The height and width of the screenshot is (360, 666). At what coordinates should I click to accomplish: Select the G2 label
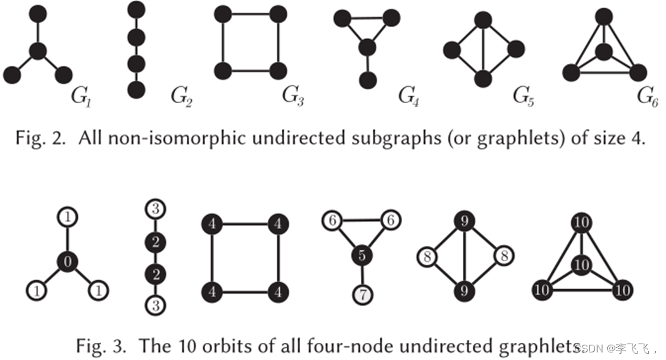[x=181, y=96]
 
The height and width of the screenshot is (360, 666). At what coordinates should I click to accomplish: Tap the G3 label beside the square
[x=292, y=96]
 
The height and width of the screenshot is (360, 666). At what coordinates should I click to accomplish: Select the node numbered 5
[x=363, y=256]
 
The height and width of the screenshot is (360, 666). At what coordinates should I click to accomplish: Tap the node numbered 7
[x=363, y=295]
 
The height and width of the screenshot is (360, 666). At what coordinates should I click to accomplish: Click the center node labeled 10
[x=581, y=264]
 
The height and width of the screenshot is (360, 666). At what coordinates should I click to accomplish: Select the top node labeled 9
[x=463, y=221]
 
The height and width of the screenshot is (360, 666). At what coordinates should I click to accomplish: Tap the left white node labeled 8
[x=427, y=256]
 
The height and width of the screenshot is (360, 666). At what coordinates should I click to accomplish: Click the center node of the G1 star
[x=39, y=51]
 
